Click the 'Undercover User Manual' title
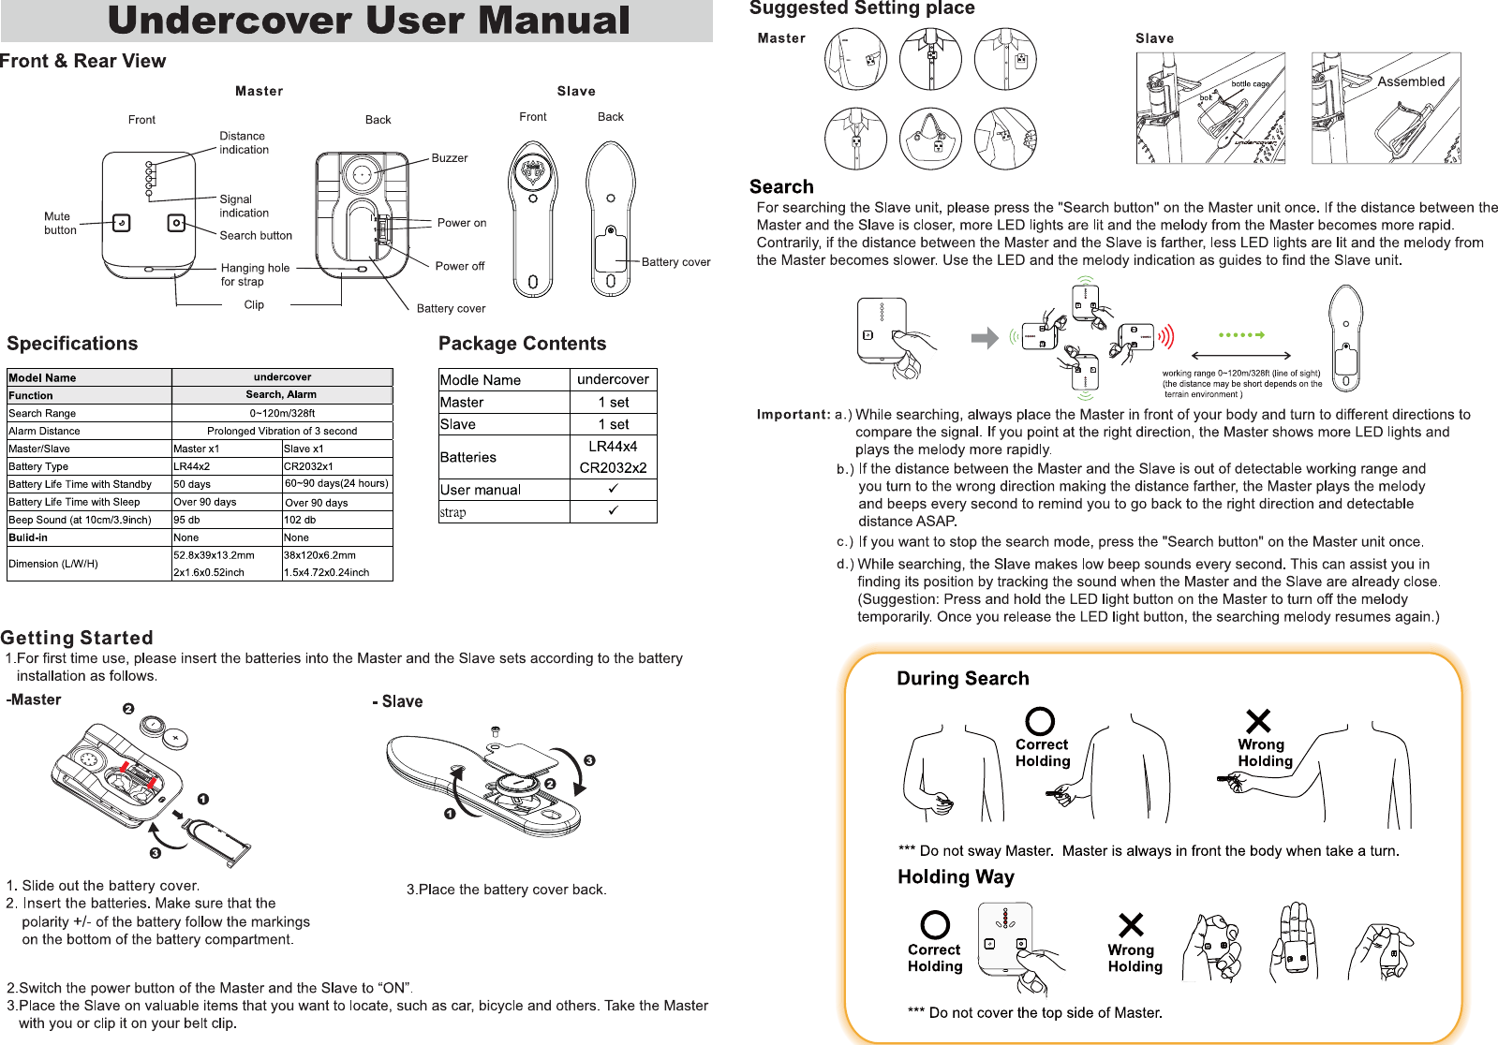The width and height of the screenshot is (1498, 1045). click(368, 21)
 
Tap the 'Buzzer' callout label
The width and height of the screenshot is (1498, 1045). click(450, 158)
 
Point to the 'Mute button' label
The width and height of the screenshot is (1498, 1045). click(60, 223)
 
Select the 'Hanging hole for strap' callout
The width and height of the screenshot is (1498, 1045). click(255, 274)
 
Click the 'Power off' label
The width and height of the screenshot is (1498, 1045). click(459, 266)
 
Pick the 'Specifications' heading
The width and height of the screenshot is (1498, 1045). click(72, 344)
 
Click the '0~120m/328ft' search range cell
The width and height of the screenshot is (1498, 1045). click(282, 413)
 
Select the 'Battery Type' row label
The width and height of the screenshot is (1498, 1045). click(38, 466)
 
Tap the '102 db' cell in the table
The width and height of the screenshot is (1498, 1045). click(300, 520)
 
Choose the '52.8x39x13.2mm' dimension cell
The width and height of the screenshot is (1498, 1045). click(214, 555)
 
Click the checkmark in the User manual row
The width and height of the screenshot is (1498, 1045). click(613, 489)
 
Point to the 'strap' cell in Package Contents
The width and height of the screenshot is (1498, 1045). click(453, 512)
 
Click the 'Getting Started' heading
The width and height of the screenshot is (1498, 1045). click(77, 638)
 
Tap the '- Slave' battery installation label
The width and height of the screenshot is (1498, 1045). click(398, 701)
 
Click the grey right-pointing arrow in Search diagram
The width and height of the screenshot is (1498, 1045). click(985, 337)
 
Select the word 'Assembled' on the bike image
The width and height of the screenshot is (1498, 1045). click(1411, 81)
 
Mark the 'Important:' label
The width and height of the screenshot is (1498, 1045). click(793, 414)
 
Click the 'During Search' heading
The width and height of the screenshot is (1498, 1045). click(963, 678)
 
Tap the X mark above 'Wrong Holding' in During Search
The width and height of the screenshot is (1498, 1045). click(1258, 721)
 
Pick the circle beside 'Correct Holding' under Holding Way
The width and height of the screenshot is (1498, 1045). click(935, 925)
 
